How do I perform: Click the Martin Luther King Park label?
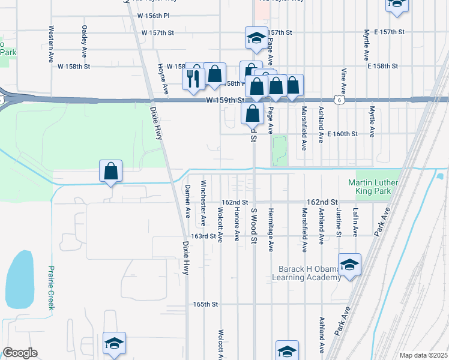(369, 187)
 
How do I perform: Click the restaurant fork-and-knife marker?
(193, 78)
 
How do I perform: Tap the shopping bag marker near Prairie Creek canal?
(111, 172)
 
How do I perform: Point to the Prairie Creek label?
(52, 287)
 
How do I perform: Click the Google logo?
(20, 353)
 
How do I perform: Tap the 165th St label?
(205, 304)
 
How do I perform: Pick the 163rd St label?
(203, 236)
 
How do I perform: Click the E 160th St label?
(342, 134)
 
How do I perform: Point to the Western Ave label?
(52, 44)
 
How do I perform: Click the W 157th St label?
(157, 32)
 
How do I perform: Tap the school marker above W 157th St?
(256, 38)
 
